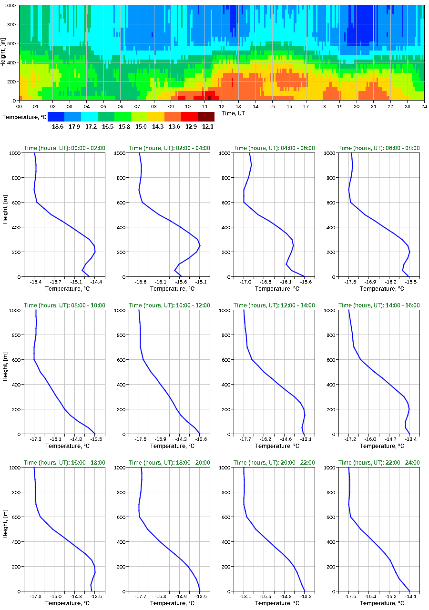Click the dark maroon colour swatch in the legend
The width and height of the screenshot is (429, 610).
tap(206, 117)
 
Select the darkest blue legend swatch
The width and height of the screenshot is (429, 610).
tap(56, 117)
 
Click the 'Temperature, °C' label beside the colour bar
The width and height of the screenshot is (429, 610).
tap(24, 117)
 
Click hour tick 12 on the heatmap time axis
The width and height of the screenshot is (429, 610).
tap(221, 106)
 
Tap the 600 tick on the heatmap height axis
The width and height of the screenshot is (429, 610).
tap(11, 43)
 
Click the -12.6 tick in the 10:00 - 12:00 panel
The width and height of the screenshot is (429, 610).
tap(200, 439)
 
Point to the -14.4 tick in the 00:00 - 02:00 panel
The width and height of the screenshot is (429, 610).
tap(94, 282)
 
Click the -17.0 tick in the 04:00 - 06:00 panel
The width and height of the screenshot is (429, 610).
tap(244, 282)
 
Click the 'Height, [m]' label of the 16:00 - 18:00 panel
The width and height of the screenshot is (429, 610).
tap(5, 529)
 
